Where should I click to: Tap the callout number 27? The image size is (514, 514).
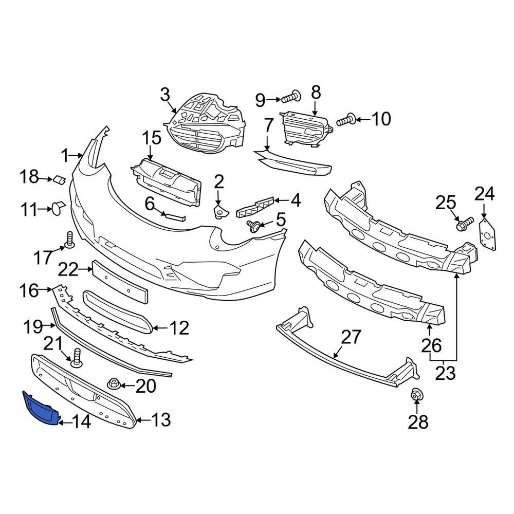[352, 338]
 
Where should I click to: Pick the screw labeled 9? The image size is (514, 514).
[291, 96]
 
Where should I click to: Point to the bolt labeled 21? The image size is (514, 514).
[77, 357]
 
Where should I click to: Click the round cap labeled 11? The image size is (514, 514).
[57, 207]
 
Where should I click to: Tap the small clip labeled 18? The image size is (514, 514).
[59, 179]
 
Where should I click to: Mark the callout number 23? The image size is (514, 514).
[445, 373]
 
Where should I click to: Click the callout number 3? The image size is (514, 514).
[164, 95]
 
